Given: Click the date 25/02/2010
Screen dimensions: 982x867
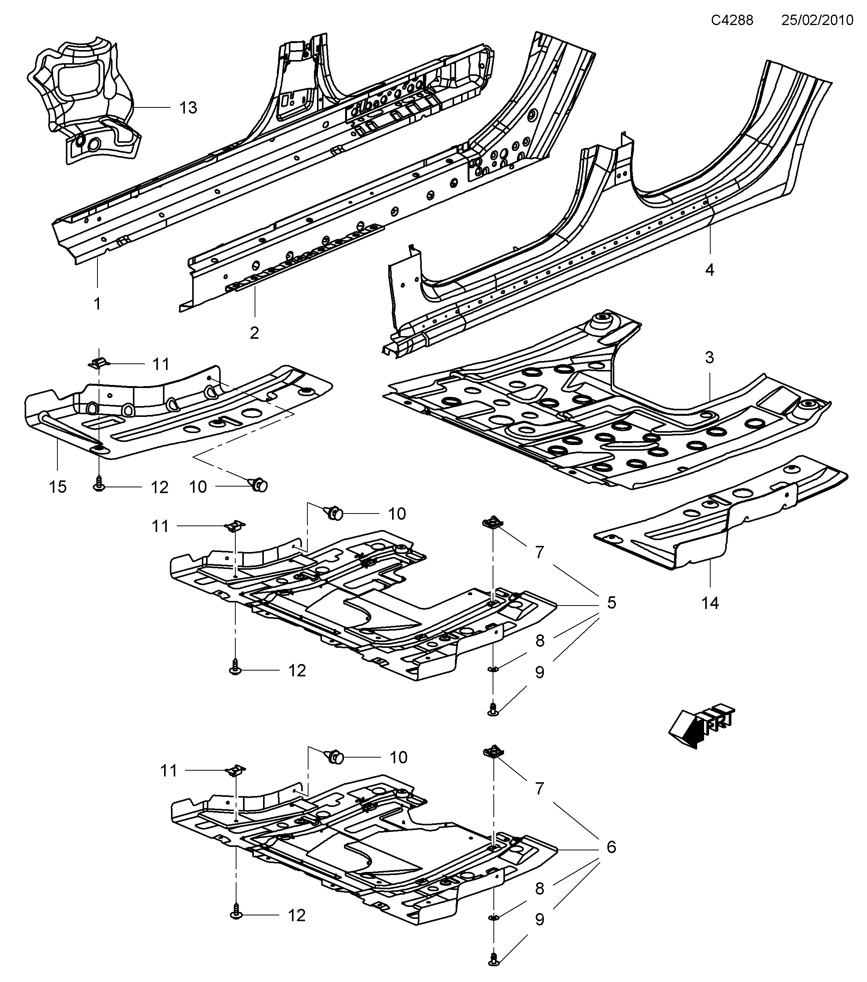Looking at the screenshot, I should (817, 20).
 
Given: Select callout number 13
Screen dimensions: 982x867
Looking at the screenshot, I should (188, 108).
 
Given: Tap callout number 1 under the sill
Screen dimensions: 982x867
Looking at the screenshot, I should (97, 304).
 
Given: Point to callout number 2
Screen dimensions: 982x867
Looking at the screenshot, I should (254, 333).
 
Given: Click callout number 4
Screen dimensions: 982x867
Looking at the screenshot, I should (709, 270).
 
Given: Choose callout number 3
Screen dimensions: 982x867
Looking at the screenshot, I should (709, 358).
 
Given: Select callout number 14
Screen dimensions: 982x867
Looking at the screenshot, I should (710, 603).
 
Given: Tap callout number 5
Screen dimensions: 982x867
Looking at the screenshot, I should (611, 602).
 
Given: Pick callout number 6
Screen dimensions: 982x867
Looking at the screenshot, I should (611, 846).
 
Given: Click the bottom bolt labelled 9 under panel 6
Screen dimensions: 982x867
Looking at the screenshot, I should (494, 970).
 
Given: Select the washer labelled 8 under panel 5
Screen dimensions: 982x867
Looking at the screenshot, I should (493, 669).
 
